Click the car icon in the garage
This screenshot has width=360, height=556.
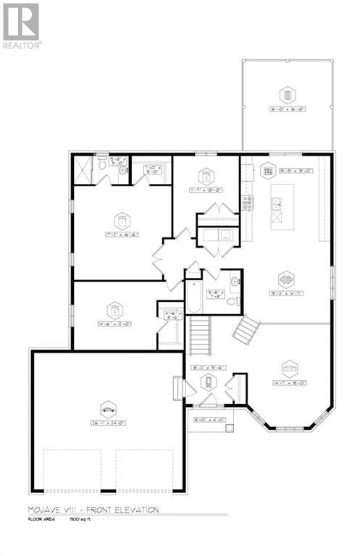[108, 409]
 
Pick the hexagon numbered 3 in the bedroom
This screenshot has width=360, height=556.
[206, 177]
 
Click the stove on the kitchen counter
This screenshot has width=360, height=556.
[248, 203]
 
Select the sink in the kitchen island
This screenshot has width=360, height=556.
[275, 205]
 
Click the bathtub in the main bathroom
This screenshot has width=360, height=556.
[193, 296]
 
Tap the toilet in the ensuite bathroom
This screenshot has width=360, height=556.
[103, 164]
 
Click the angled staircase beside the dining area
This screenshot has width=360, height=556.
[246, 329]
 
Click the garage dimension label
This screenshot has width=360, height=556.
[108, 424]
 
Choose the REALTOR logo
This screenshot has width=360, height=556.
[22, 26]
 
